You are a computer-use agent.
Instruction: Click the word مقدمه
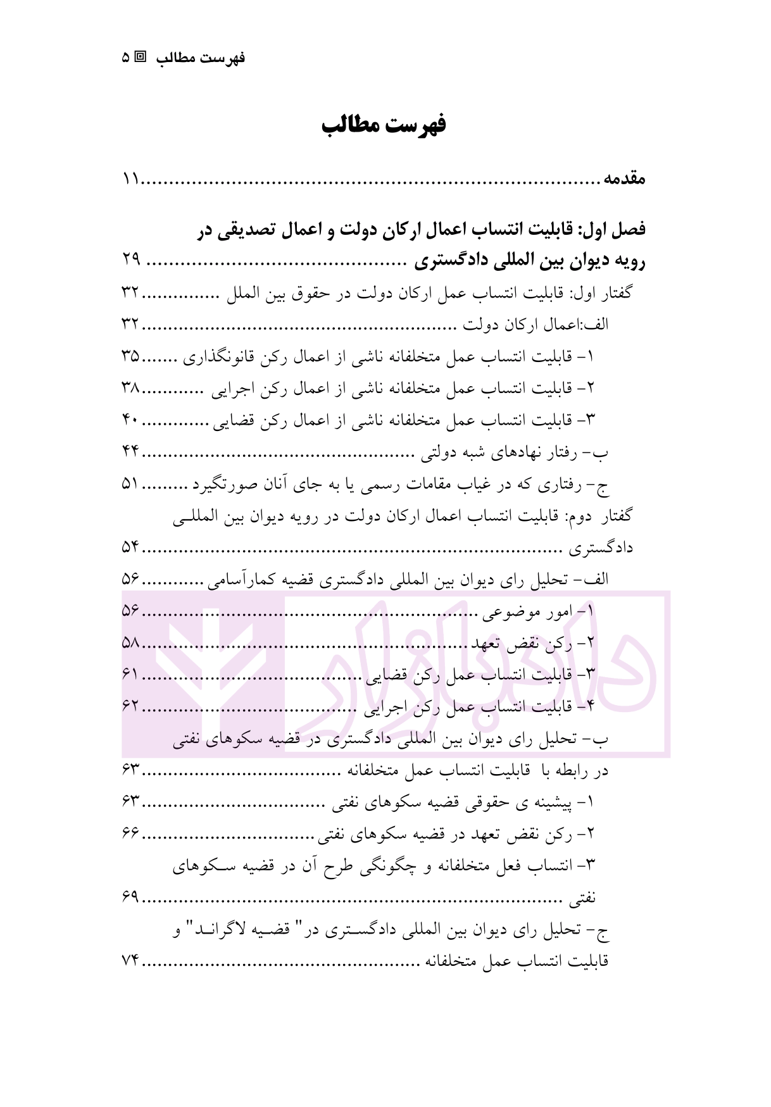(624, 179)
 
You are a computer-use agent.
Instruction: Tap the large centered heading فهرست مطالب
(384, 125)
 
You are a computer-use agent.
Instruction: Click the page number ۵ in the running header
(125, 58)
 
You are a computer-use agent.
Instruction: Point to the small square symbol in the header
(141, 57)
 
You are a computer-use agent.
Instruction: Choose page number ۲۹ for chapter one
(131, 260)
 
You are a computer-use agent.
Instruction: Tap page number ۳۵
(131, 356)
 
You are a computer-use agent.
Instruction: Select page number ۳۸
(131, 388)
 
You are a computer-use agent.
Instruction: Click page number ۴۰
(131, 420)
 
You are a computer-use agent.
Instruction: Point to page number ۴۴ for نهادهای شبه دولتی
(131, 452)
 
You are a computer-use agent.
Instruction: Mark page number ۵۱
(131, 484)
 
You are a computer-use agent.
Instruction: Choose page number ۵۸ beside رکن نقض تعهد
(131, 644)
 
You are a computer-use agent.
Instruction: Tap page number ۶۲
(131, 706)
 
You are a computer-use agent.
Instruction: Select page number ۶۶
(131, 834)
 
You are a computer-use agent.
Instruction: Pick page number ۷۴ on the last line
(131, 961)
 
